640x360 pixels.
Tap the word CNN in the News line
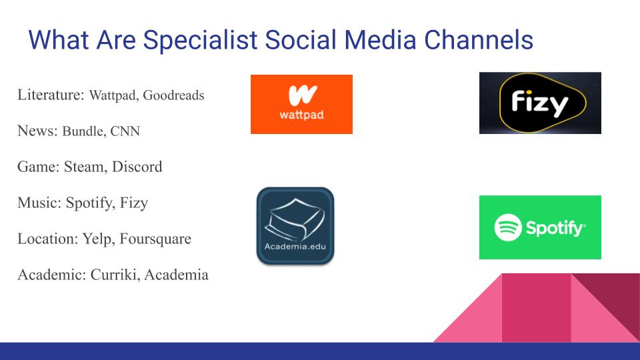(125, 131)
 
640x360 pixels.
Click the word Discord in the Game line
(138, 167)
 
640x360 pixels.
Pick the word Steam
(83, 167)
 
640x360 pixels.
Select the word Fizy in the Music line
(134, 203)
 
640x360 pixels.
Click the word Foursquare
(155, 238)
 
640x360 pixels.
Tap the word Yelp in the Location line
(98, 238)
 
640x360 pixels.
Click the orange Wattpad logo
(301, 104)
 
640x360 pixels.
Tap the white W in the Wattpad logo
(302, 95)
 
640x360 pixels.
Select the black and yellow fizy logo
(540, 103)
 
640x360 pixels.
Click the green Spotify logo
(540, 227)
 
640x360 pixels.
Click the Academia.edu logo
(295, 226)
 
